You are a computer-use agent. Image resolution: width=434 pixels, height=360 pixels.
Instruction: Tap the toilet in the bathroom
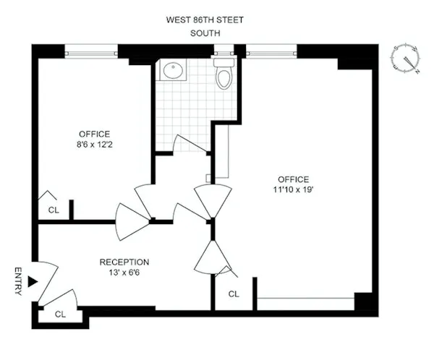pos(223,75)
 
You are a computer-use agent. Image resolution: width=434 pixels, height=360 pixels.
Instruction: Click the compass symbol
pos(406,59)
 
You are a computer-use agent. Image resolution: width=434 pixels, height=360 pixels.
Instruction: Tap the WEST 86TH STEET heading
pos(205,19)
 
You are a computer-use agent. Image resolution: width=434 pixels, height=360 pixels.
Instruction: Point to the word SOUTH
pos(205,33)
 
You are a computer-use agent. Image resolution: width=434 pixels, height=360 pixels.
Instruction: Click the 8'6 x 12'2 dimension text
pos(95,145)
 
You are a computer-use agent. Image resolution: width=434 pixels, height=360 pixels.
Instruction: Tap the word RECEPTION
pos(124,262)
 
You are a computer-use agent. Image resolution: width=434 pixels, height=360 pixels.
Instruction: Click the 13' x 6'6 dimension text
pos(124,273)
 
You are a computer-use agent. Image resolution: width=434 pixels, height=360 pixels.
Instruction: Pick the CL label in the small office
pos(53,210)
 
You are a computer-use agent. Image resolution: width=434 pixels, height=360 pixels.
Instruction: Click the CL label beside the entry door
pos(61,314)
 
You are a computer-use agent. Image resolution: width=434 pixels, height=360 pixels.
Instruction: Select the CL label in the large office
pos(234,294)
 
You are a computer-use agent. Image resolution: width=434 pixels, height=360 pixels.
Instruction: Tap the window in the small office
pos(91,51)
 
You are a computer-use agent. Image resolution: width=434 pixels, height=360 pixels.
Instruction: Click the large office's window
pos(271,51)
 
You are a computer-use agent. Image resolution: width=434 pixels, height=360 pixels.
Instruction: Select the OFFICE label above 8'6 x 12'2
pos(95,134)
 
